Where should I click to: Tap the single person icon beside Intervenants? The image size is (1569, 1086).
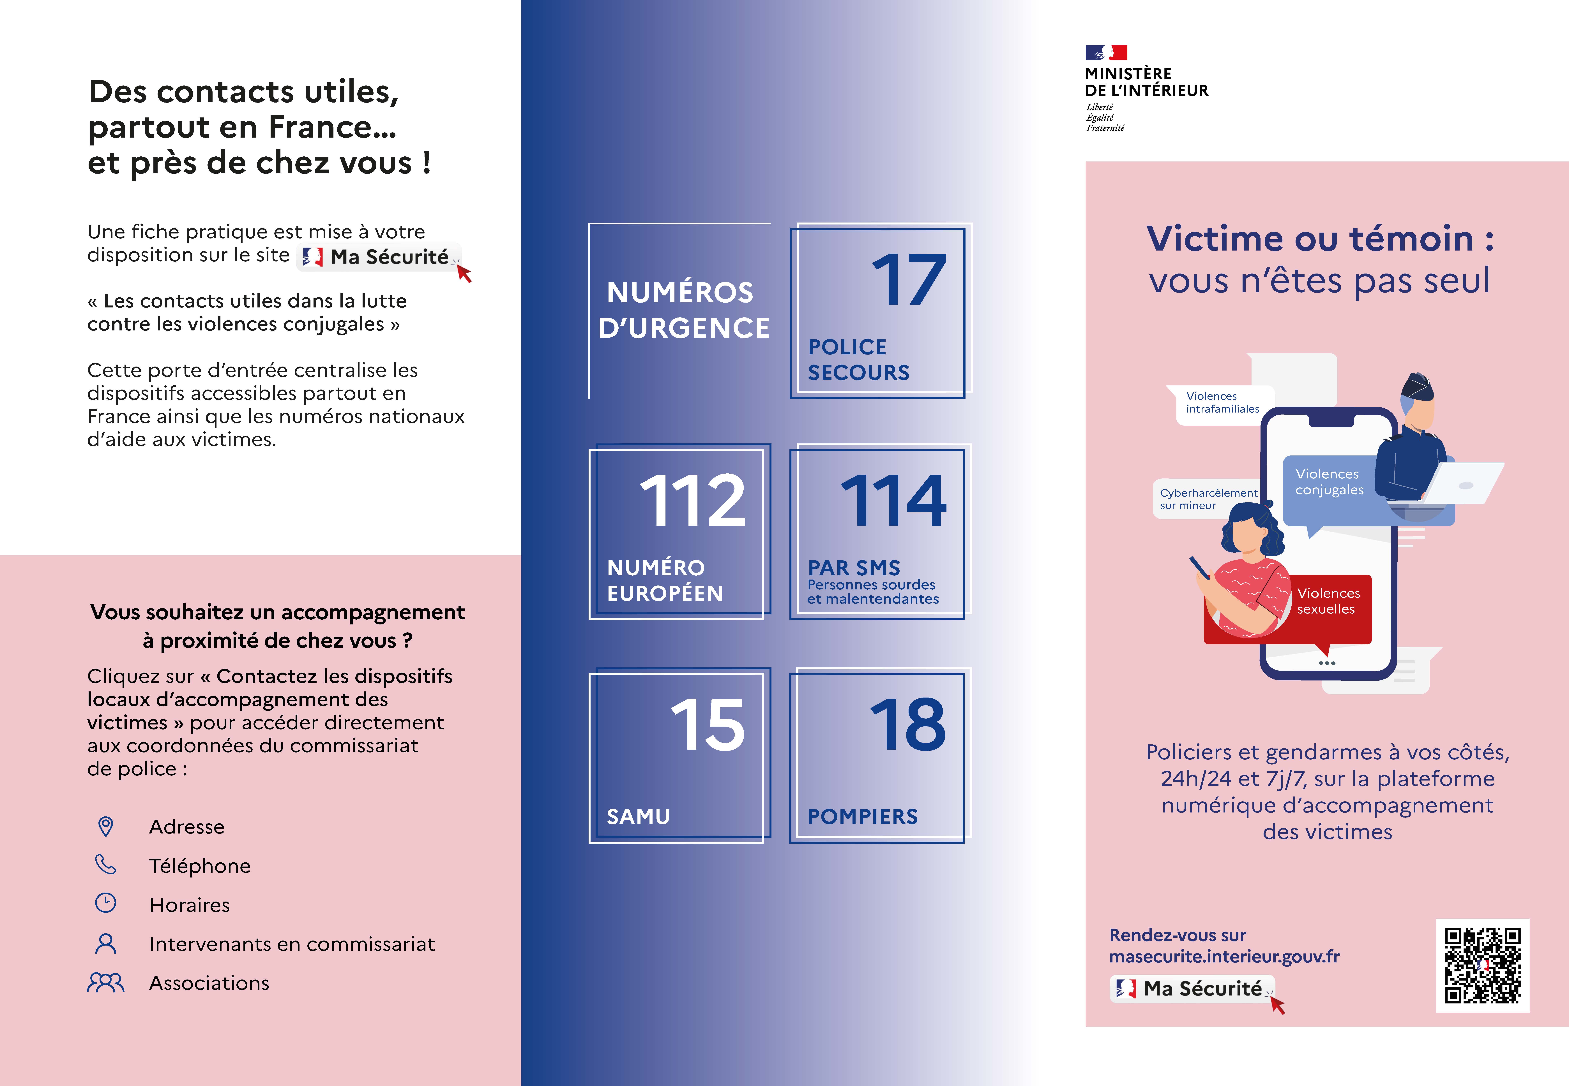(105, 943)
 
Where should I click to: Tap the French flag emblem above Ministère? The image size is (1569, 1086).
(1106, 52)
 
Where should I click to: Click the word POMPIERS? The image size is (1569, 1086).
(862, 817)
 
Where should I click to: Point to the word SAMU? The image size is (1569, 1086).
(638, 817)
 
